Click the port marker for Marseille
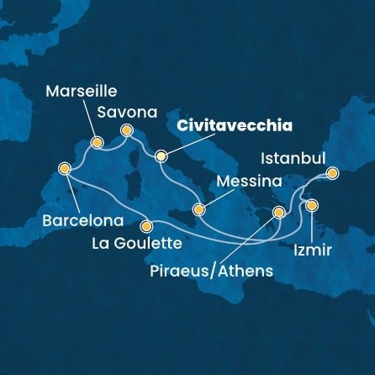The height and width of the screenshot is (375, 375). (x=97, y=143)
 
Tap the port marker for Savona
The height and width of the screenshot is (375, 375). (x=127, y=130)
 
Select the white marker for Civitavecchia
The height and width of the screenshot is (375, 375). (x=161, y=155)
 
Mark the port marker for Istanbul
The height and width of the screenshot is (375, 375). (x=332, y=174)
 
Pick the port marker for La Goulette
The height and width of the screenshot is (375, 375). (x=147, y=225)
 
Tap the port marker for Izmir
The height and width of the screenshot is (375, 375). (x=311, y=205)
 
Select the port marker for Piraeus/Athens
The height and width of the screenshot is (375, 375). (x=279, y=214)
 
